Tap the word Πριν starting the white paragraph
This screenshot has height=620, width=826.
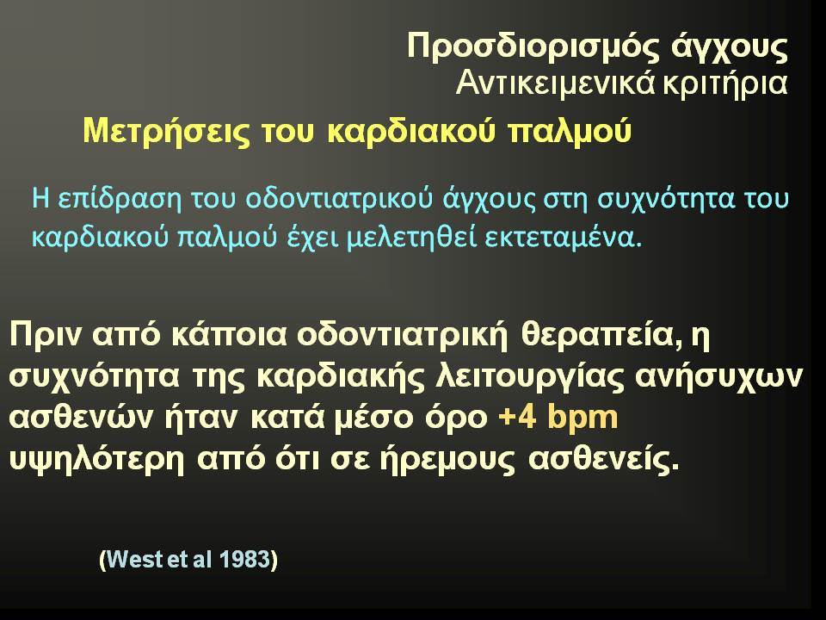46,335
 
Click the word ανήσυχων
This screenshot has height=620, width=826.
719,377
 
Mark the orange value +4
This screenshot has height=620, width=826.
517,418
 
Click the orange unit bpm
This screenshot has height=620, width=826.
583,418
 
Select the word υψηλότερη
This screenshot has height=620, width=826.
97,460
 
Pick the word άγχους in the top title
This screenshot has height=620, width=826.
730,48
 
